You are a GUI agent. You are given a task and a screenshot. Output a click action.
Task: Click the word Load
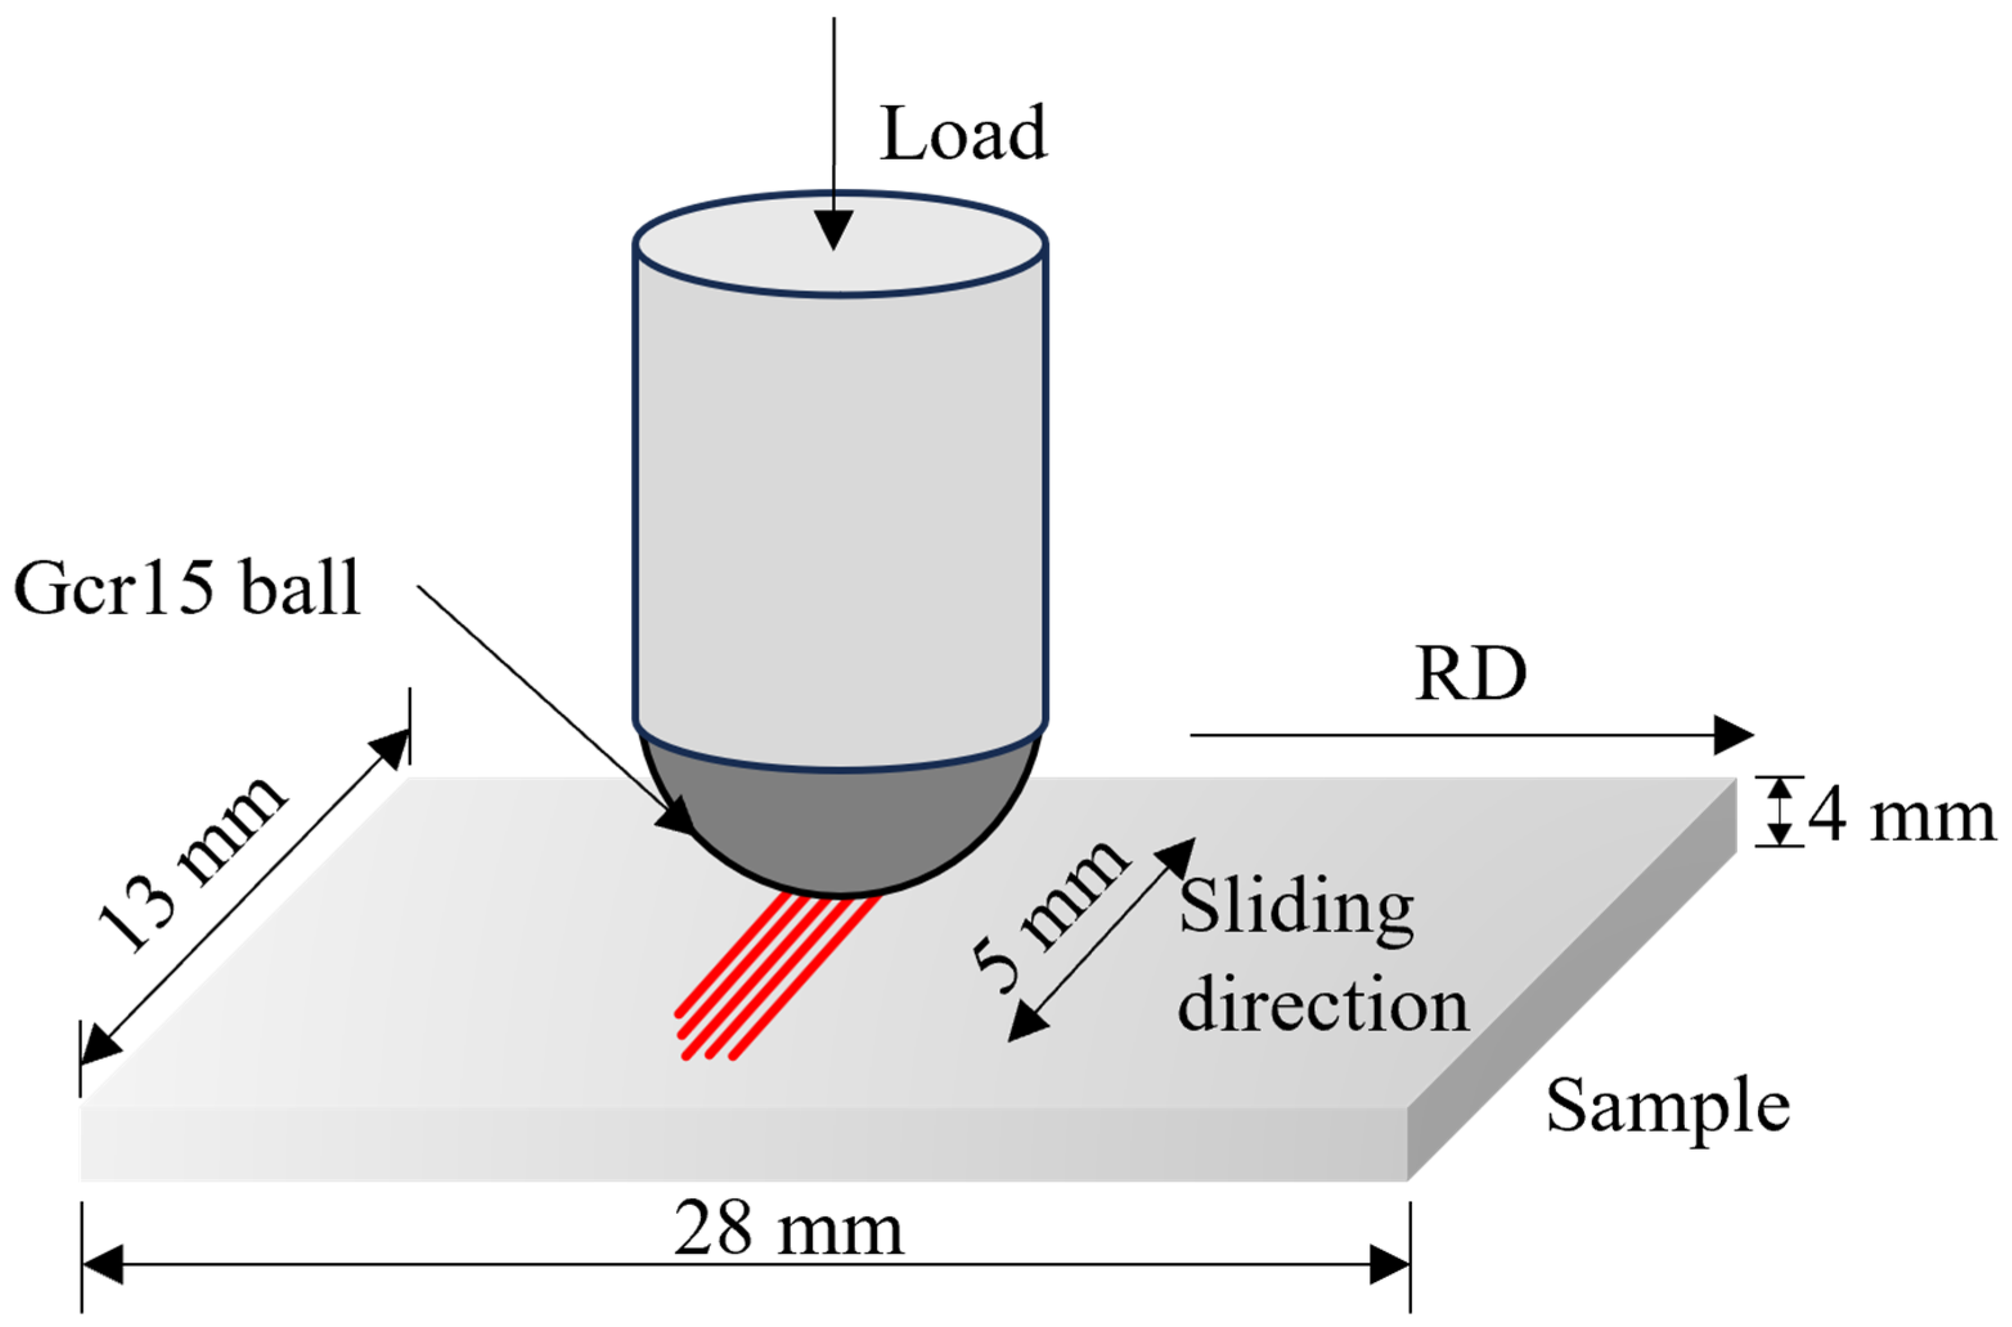963,134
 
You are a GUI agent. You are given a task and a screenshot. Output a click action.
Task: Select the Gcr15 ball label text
188,588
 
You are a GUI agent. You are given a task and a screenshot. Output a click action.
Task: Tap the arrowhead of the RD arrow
1731,735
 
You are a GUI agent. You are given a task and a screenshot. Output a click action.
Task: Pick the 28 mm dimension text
789,1231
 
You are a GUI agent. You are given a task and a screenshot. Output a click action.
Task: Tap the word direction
1322,1007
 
